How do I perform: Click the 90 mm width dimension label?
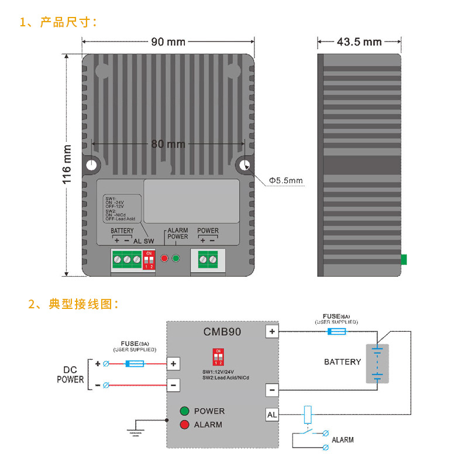click(x=168, y=42)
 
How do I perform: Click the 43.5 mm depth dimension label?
click(x=359, y=42)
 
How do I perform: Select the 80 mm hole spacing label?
click(x=168, y=144)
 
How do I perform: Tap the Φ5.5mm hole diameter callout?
click(x=286, y=181)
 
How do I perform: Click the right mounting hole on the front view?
click(x=244, y=165)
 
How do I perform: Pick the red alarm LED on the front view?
click(x=164, y=258)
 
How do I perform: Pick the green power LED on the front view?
click(x=175, y=258)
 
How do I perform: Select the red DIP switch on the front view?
click(x=149, y=260)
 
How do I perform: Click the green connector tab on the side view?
click(x=404, y=259)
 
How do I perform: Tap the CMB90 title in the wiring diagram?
click(x=222, y=332)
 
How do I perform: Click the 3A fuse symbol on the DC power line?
click(x=135, y=364)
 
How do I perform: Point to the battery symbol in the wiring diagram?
click(x=377, y=363)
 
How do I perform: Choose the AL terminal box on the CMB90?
click(x=272, y=414)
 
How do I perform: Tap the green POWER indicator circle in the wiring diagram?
click(x=184, y=411)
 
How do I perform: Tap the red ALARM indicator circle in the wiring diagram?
click(x=184, y=424)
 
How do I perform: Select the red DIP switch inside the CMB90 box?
click(x=218, y=356)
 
